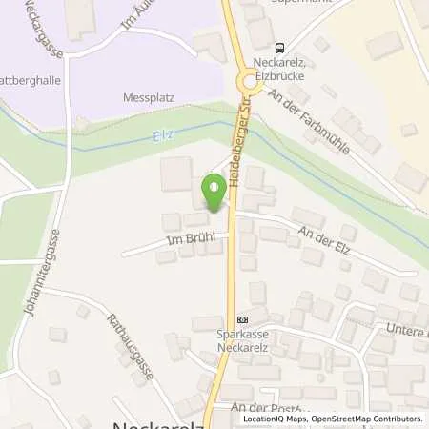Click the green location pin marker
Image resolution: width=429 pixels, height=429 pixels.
(214, 194)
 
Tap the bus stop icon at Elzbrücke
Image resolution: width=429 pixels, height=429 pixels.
(279, 48)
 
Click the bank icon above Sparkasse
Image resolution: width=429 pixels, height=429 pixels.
(242, 320)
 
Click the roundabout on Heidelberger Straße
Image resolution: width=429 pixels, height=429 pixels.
(244, 84)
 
